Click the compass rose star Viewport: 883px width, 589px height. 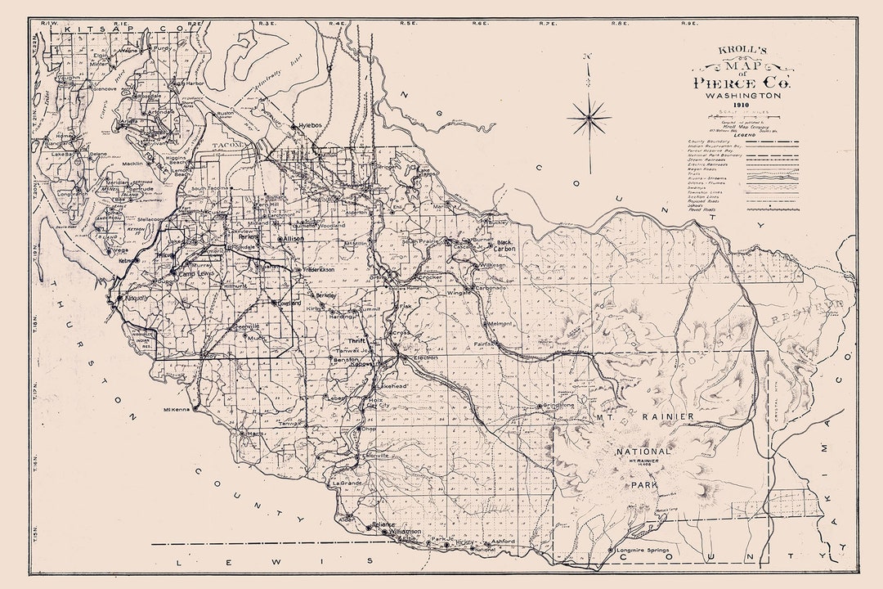coord(589,119)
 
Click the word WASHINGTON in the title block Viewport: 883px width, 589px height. coord(738,95)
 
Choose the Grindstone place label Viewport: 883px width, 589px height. coord(559,406)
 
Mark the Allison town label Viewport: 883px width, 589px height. coord(293,238)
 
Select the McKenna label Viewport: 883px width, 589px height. coord(177,410)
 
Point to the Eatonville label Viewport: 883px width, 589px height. coord(375,455)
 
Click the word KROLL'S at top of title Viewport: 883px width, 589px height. coord(737,49)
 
